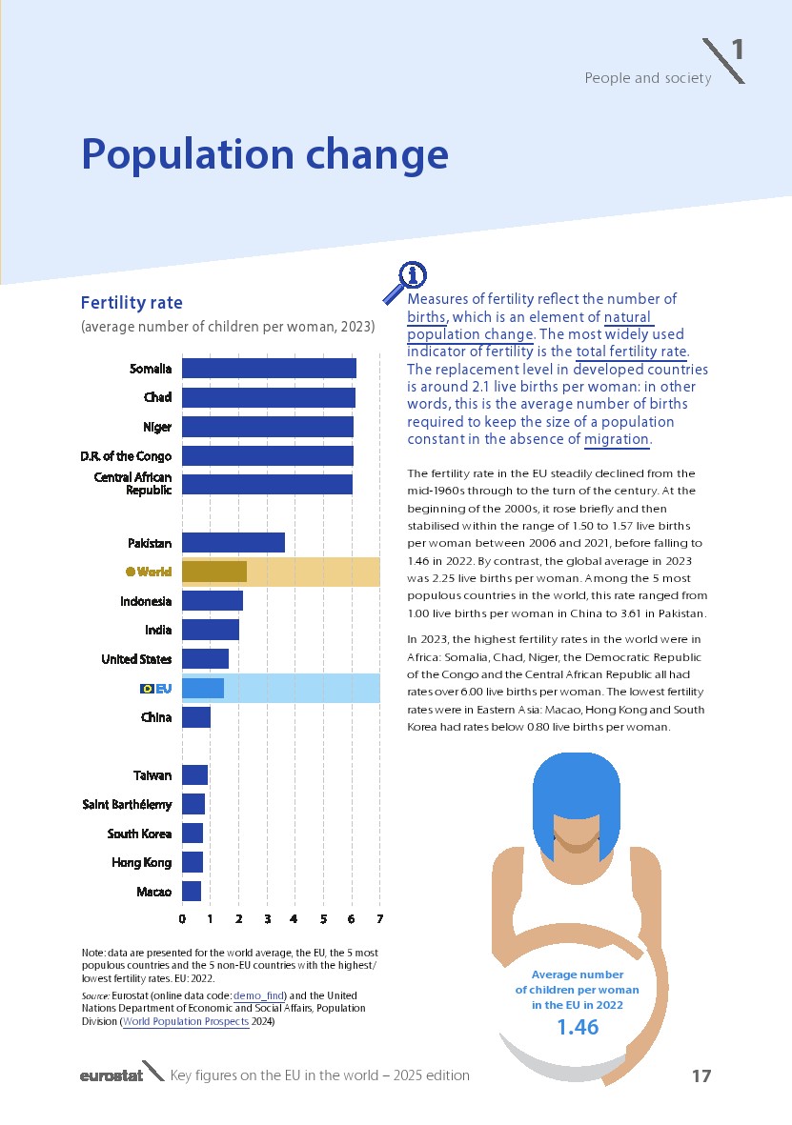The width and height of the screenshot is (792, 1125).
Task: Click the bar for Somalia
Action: click(x=269, y=369)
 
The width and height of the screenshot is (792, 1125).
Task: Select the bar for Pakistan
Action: click(x=234, y=543)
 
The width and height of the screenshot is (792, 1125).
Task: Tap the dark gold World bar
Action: click(x=214, y=572)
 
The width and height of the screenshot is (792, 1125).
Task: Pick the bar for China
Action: click(x=196, y=717)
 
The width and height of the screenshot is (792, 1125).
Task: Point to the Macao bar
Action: click(x=192, y=892)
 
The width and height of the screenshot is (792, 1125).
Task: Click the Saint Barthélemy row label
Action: click(x=128, y=805)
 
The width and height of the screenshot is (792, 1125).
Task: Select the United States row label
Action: click(x=136, y=659)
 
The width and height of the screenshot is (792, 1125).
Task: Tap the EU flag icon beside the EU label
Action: click(x=147, y=688)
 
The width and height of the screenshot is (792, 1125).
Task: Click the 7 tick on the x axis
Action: click(x=380, y=919)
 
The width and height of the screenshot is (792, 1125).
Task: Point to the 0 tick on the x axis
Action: click(x=182, y=919)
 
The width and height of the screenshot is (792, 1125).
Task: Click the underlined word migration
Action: click(x=617, y=439)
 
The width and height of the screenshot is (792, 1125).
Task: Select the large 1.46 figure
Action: click(x=578, y=1027)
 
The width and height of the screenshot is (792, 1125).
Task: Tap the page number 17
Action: click(x=701, y=1076)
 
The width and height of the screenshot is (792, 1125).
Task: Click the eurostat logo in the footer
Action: click(x=112, y=1075)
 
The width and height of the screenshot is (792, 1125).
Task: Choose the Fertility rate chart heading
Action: click(x=132, y=303)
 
